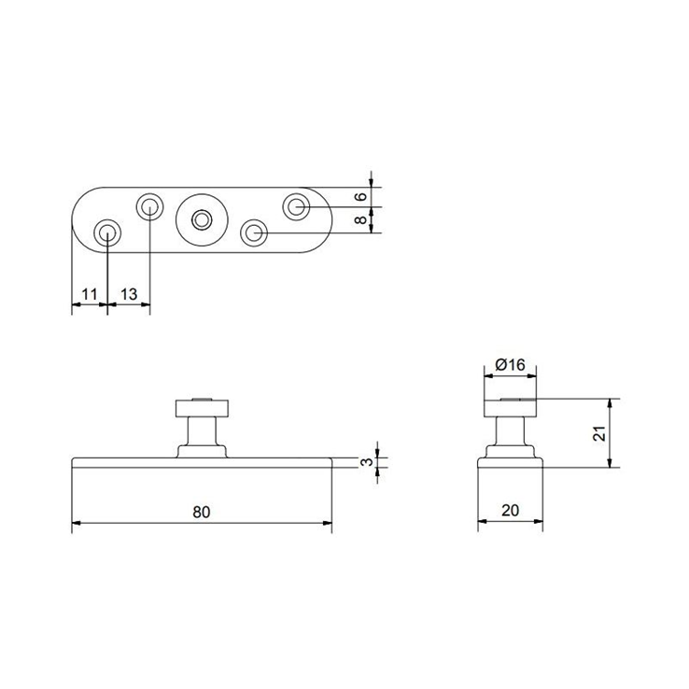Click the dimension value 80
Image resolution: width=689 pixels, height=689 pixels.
coord(202,512)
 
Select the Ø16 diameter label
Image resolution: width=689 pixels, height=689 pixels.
coord(509,365)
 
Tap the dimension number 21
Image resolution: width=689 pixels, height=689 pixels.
coord(600,432)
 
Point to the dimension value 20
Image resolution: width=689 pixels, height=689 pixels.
coord(509,512)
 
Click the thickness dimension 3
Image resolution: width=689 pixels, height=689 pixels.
coord(369,461)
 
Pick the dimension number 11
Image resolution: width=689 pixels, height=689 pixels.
coord(89,295)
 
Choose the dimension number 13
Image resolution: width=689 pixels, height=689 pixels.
coord(129,295)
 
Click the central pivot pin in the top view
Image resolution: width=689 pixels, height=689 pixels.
coord(201,219)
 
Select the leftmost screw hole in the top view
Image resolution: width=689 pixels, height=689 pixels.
coord(107,232)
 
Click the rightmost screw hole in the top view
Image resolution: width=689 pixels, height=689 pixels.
coord(297,205)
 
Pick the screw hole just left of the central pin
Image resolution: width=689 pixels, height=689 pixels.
coord(149,206)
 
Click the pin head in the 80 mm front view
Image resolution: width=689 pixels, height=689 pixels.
coord(201,407)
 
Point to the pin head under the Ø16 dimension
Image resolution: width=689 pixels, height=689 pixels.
coord(510,407)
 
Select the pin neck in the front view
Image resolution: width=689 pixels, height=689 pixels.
coord(201,431)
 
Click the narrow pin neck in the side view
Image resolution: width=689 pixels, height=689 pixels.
coord(510,431)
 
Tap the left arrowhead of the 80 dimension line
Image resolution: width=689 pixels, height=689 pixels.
coord(77,523)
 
